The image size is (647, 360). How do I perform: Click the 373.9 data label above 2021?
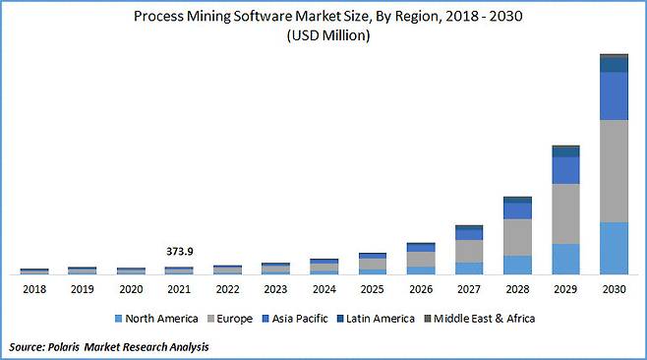click(x=179, y=252)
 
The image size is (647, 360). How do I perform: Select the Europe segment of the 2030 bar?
click(x=614, y=170)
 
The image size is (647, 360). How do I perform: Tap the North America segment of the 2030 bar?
click(x=614, y=248)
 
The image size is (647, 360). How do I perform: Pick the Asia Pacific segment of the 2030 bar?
click(x=614, y=95)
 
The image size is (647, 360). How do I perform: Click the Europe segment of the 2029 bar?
click(x=565, y=213)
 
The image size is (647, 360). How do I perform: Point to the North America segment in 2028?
click(x=517, y=265)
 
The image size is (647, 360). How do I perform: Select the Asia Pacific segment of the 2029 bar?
click(x=565, y=170)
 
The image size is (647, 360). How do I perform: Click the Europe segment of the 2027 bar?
click(x=469, y=251)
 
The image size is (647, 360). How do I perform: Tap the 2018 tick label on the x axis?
click(x=34, y=290)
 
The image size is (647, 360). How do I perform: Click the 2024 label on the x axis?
click(x=323, y=290)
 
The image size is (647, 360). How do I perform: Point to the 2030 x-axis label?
click(x=614, y=290)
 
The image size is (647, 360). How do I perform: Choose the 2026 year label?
click(x=421, y=290)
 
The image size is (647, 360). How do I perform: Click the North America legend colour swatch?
click(x=118, y=319)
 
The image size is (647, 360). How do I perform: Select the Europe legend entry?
click(x=232, y=319)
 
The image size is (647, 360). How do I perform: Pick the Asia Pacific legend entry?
click(x=301, y=319)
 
